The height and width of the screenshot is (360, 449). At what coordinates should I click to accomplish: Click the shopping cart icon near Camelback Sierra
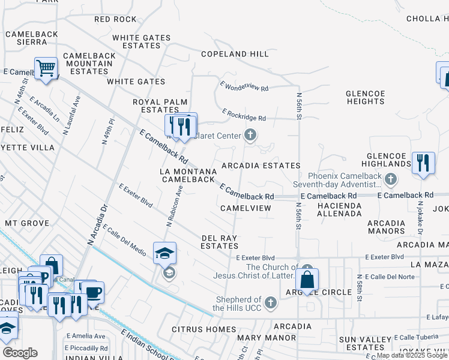click(46, 68)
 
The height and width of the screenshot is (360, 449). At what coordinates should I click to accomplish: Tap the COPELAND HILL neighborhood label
click(235, 54)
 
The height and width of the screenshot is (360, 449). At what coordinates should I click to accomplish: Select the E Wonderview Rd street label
click(244, 86)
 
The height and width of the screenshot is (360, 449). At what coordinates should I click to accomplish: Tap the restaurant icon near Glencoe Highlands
click(424, 163)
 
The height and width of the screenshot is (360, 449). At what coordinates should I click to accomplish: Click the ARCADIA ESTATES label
click(261, 166)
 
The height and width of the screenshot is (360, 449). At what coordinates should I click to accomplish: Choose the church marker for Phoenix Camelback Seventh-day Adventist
click(391, 179)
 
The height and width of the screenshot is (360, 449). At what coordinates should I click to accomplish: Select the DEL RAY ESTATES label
click(219, 242)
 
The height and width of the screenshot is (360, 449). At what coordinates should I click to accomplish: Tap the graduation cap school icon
click(164, 253)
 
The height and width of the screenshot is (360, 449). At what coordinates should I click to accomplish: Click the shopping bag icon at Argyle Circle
click(307, 279)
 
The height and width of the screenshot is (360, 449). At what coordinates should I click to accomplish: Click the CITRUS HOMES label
click(203, 329)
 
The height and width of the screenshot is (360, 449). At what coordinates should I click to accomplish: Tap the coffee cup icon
click(93, 292)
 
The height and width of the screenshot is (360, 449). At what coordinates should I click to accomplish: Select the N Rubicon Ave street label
click(174, 205)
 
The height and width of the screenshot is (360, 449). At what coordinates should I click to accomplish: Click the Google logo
click(20, 353)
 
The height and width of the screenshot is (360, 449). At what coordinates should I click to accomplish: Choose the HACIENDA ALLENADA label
click(339, 209)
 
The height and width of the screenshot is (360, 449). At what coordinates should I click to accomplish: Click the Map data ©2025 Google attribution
click(411, 355)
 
